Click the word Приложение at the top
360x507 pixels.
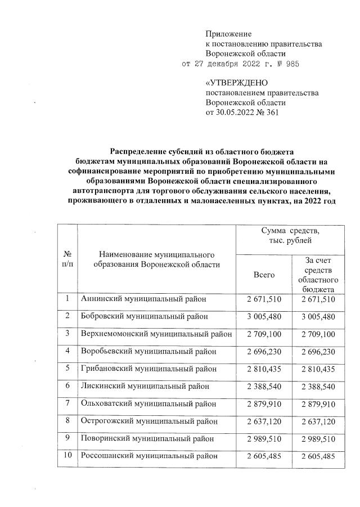pos(228,34)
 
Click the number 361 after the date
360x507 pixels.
pos(271,113)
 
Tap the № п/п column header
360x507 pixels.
pos(67,259)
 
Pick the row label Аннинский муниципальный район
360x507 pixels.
pos(144,299)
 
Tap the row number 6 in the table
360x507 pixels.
pos(67,386)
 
